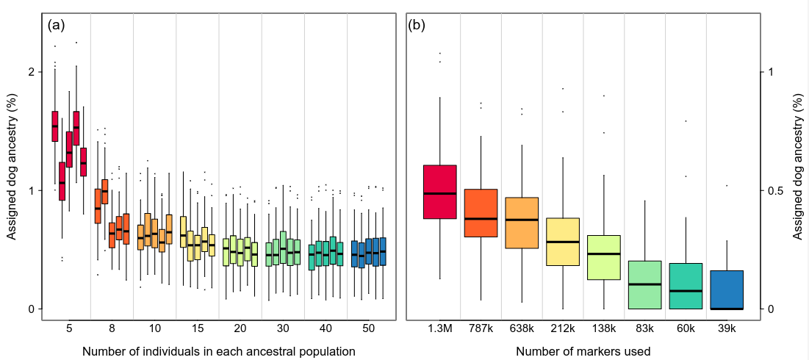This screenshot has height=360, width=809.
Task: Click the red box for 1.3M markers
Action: point(439,192)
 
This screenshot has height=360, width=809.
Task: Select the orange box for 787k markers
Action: point(481,213)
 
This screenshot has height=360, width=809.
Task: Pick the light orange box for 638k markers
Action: point(522,223)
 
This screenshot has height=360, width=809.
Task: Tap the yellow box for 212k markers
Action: point(563,242)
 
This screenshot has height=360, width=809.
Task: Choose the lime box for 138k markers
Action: point(604,257)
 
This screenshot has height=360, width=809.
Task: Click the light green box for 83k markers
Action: point(644,285)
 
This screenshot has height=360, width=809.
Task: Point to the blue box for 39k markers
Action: point(727,289)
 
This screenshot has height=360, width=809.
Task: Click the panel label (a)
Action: point(57,25)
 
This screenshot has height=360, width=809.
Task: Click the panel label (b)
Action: point(417,25)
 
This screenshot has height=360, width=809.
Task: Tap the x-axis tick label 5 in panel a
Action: point(69,328)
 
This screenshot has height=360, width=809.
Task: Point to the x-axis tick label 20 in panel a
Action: point(240,328)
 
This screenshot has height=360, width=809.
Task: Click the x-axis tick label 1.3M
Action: point(439,328)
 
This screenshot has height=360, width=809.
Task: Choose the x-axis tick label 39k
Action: point(727,328)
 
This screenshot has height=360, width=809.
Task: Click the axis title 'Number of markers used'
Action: point(583,351)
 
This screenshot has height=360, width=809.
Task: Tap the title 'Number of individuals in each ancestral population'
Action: point(219,351)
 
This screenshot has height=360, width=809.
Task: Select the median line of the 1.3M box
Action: point(439,193)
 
